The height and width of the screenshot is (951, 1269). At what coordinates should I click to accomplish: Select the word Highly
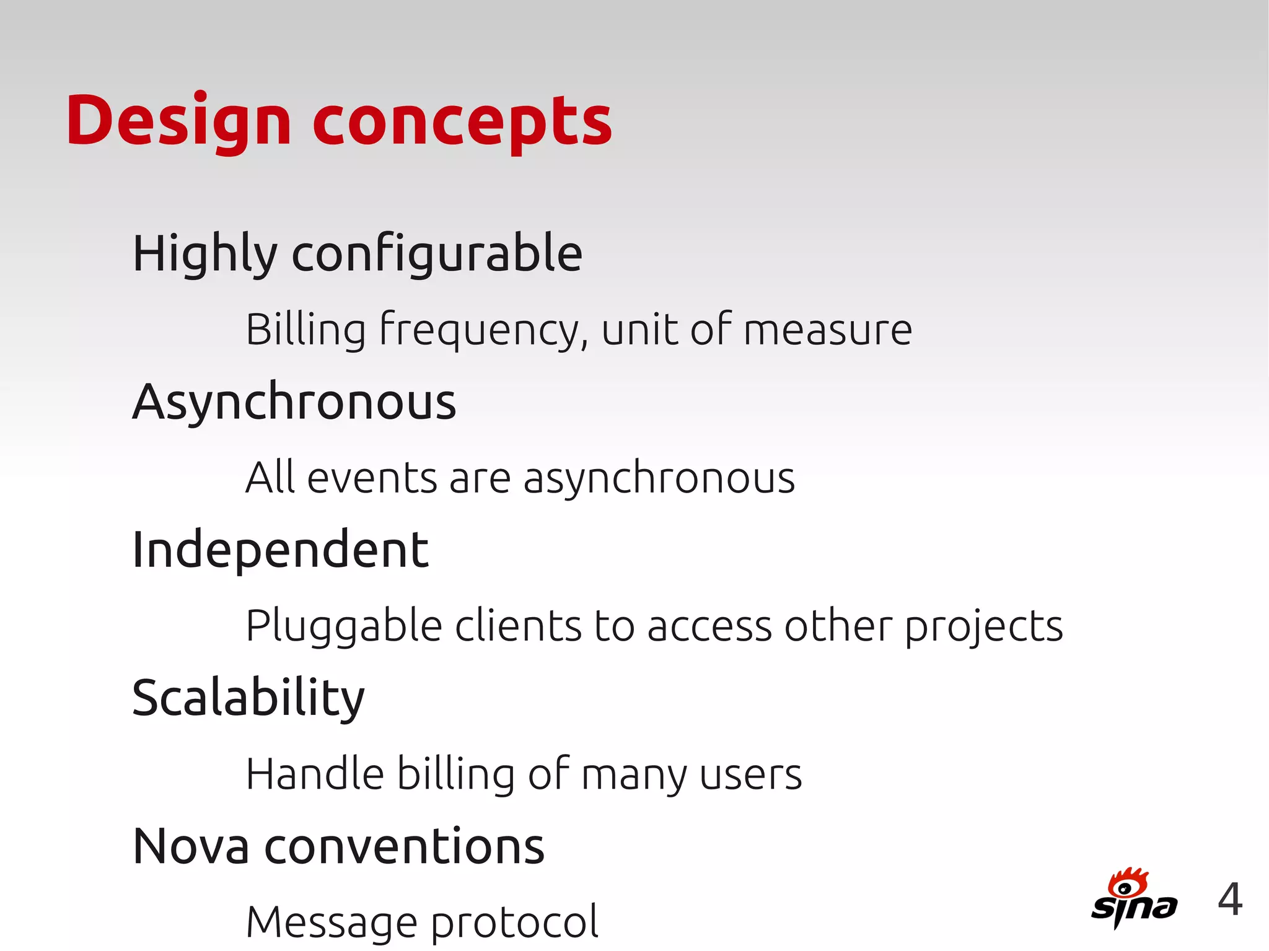(x=204, y=254)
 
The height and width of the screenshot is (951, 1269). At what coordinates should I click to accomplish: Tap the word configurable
(x=437, y=254)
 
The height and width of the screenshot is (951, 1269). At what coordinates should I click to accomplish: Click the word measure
(x=828, y=330)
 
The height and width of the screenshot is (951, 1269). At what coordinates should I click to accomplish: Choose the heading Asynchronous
(x=294, y=402)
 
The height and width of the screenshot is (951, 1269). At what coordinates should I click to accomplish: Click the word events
(x=372, y=478)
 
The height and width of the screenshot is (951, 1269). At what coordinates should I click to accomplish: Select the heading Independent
(x=280, y=550)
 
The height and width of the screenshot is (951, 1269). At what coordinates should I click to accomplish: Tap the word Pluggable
(x=343, y=626)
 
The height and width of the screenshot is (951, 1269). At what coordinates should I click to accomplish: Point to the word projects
(x=984, y=626)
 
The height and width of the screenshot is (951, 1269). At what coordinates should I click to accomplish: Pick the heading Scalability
(x=248, y=699)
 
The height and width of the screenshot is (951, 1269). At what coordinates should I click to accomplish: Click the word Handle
(x=315, y=774)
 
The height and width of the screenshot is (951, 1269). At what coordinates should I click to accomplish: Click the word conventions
(x=405, y=846)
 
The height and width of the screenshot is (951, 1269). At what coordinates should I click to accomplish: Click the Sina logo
(x=1133, y=898)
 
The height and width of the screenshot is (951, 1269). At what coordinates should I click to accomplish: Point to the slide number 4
(x=1230, y=900)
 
